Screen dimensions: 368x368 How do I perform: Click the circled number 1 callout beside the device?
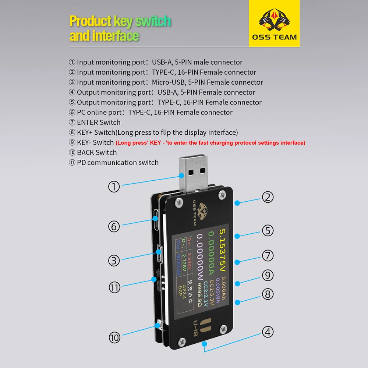point(114,187)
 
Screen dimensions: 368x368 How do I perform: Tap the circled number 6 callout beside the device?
point(114,226)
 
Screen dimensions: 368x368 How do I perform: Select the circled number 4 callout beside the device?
point(268,332)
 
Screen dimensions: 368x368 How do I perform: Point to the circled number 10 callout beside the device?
point(114,337)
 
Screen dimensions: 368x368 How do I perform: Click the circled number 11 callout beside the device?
point(114,287)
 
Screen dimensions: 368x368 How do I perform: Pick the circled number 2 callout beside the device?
point(268,197)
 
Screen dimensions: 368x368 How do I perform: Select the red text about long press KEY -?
point(210,143)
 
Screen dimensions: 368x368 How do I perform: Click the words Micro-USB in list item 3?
point(165,82)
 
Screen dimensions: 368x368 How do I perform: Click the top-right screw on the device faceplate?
point(222,194)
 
